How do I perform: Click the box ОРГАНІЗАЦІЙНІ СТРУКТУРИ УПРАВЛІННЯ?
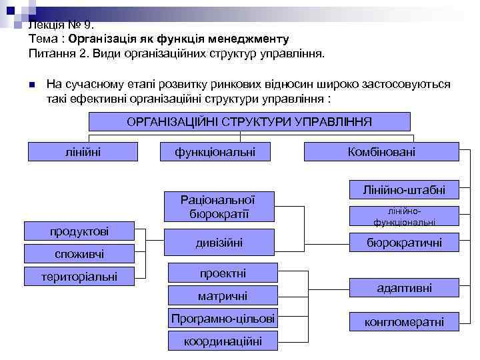pos(249,121)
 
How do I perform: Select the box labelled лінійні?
pos(83,151)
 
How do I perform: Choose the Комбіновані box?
pos(381,151)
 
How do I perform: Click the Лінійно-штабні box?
pos(404,189)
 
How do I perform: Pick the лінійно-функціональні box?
pos(404,216)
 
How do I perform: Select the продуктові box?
pos(79,231)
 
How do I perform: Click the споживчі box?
pos(79,253)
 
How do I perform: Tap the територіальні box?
pos(79,275)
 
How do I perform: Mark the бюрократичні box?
pos(404,243)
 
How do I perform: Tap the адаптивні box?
pos(404,288)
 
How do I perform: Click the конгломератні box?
pos(404,322)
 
